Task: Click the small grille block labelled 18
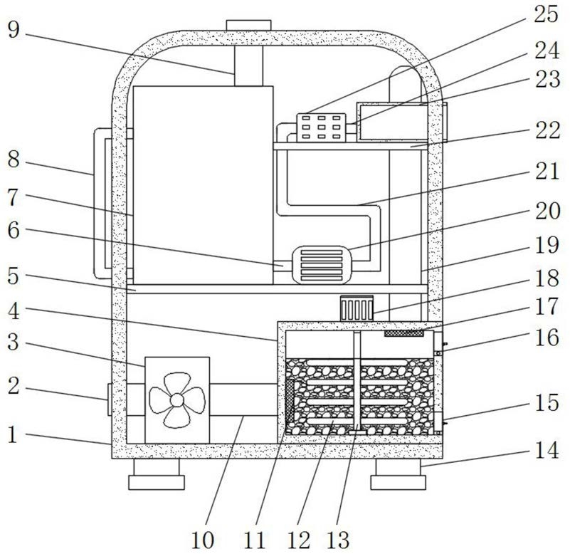[x=357, y=308]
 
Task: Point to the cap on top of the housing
[x=248, y=26]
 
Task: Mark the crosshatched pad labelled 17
[x=404, y=333]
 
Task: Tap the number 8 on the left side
[x=14, y=159]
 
